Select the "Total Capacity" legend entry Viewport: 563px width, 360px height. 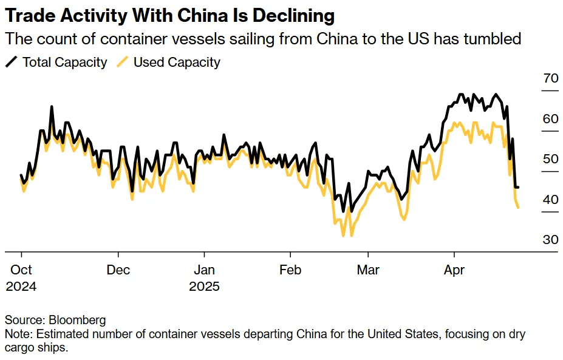coord(64,62)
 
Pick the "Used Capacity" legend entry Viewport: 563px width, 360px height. coord(177,62)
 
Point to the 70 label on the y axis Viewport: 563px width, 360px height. coord(550,78)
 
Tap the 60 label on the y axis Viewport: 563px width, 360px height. coord(550,119)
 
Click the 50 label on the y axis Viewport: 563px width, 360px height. coord(550,159)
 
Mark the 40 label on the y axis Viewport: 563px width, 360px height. coord(550,200)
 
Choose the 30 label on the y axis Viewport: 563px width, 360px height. coord(550,240)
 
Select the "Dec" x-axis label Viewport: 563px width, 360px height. coord(118,270)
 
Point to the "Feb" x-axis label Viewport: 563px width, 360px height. coord(290,270)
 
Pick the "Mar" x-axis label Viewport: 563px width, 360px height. coord(368,270)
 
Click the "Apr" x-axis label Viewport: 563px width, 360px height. coord(454,270)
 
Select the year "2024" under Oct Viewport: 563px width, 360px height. coord(21,286)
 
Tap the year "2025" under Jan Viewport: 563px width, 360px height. coord(205,286)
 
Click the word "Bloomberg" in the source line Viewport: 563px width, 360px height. coord(77,320)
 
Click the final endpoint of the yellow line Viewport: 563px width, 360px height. coord(518,208)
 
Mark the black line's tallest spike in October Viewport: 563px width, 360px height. coord(52,107)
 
